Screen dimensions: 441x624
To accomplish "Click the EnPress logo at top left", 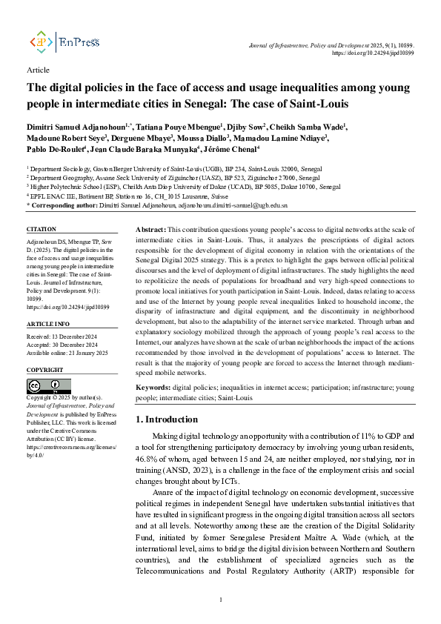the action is point(64,42).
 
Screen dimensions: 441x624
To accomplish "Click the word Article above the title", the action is point(38,70).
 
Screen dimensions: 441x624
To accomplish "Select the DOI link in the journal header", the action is point(373,53).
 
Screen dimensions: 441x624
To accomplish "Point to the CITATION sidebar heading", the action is point(42,230).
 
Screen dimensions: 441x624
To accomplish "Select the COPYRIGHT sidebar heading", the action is point(44,369).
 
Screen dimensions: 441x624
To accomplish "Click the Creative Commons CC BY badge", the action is point(44,386).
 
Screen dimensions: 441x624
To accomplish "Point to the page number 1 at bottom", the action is point(221,599).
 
